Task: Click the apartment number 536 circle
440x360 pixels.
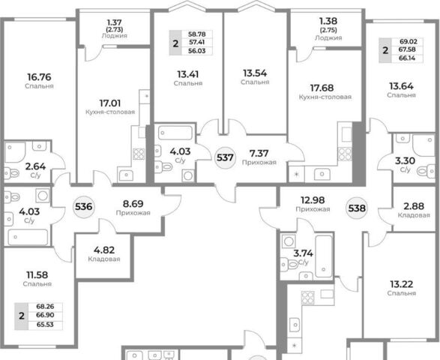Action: click(84, 207)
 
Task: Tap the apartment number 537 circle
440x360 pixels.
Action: click(225, 157)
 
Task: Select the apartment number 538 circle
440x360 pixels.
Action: click(357, 208)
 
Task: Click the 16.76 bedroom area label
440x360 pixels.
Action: click(39, 76)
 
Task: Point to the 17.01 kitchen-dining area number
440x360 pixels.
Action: click(110, 103)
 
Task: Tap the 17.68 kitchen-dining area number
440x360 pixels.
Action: click(322, 88)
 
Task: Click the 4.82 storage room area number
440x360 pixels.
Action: click(104, 250)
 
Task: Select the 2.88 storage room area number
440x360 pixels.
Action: click(414, 206)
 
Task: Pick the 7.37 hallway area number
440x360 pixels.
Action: click(259, 153)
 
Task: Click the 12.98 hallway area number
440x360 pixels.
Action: click(313, 200)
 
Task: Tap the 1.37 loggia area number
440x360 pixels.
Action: click(114, 22)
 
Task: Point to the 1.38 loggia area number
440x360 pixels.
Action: click(328, 21)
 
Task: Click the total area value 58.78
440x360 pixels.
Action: click(197, 34)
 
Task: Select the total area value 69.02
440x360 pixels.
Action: click(409, 41)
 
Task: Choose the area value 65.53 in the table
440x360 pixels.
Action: click(45, 325)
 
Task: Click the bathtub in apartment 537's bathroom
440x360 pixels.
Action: click(175, 133)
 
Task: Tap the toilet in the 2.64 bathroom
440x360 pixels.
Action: click(11, 173)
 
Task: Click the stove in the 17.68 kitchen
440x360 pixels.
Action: click(345, 154)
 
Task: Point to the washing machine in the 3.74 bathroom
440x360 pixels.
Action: click(288, 241)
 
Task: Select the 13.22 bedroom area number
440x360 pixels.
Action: click(401, 284)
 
